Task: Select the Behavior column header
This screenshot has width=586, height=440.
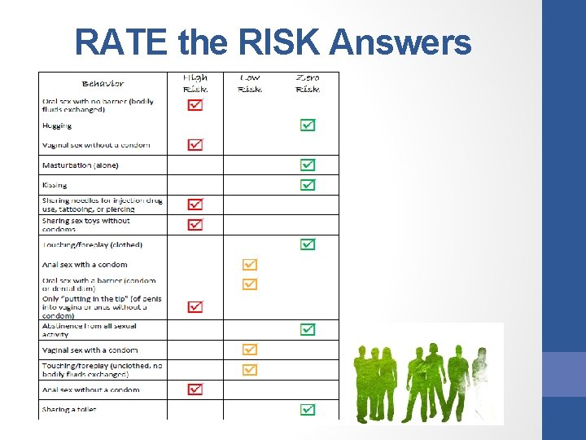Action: tap(103, 83)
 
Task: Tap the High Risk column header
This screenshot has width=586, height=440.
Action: tap(195, 83)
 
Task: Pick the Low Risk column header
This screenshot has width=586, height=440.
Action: tap(250, 83)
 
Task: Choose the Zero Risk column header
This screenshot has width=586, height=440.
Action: tap(308, 83)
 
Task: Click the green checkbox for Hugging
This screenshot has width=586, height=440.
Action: tap(308, 125)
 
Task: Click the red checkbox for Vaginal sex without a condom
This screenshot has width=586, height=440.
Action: tap(195, 145)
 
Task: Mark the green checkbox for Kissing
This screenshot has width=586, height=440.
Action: tap(308, 185)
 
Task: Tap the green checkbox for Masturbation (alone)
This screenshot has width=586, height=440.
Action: tap(308, 165)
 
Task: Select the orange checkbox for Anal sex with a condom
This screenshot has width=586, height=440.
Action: tap(250, 265)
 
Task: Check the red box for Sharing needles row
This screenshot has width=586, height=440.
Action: tap(195, 205)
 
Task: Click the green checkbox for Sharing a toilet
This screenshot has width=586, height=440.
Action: tap(308, 409)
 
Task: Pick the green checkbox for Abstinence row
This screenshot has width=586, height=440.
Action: tap(308, 330)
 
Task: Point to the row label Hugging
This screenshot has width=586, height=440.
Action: tap(57, 126)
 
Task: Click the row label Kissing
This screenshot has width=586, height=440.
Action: tap(55, 185)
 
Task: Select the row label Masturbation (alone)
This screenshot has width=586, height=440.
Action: tap(80, 165)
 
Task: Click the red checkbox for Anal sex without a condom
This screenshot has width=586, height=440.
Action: tap(195, 389)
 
